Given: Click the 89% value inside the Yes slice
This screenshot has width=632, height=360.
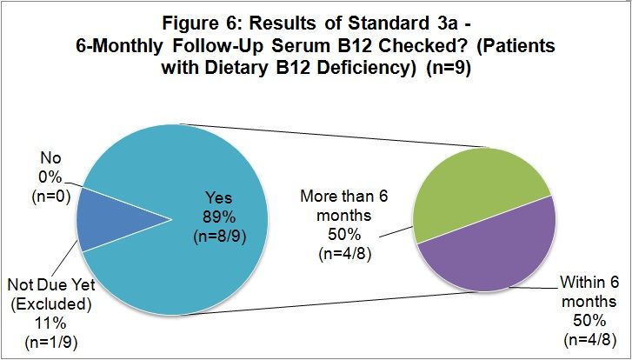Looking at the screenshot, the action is click(x=219, y=217).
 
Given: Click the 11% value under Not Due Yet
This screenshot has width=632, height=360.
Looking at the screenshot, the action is click(x=50, y=323).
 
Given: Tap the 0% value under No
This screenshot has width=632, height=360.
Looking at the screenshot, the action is click(x=51, y=177).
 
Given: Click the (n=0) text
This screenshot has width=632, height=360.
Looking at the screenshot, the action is click(x=51, y=197).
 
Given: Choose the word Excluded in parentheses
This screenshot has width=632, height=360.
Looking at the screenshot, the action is click(x=50, y=303).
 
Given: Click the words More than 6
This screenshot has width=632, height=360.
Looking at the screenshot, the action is click(x=344, y=197).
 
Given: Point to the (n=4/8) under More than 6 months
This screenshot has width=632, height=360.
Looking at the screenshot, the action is click(x=344, y=255).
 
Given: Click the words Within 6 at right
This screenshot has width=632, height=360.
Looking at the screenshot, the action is click(x=589, y=283).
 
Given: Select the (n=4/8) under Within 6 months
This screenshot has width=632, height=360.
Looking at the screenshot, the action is click(x=589, y=340).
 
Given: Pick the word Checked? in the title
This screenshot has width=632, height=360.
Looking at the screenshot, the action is click(x=416, y=45).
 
